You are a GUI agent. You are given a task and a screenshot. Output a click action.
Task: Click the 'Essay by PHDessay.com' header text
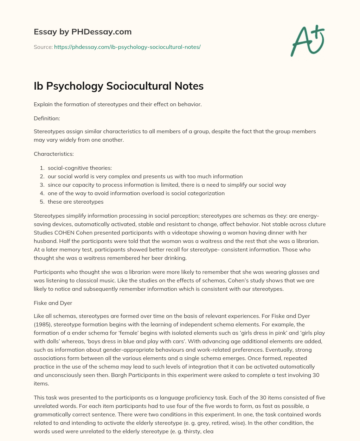tap(83, 32)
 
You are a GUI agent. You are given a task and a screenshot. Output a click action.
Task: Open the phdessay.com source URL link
tap(127, 47)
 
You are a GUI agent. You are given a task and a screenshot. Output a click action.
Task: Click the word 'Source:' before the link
tap(43, 47)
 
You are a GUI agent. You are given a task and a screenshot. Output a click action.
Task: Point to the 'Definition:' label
tap(47, 119)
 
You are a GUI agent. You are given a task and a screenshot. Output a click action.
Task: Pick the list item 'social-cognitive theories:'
tap(80, 168)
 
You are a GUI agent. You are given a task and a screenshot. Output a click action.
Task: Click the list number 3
tap(41, 185)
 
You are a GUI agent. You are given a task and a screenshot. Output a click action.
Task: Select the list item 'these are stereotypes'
tap(76, 202)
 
